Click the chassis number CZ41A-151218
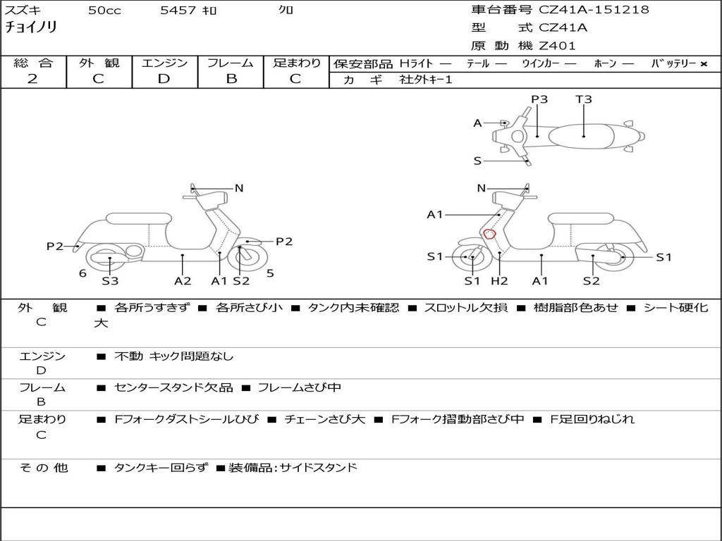(x=594, y=10)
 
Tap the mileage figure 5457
(x=178, y=11)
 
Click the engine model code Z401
(x=557, y=46)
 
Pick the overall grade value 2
(x=32, y=79)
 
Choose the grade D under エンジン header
(x=164, y=79)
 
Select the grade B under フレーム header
(x=231, y=79)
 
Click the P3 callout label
(x=539, y=99)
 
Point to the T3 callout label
(x=584, y=99)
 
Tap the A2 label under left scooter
(x=183, y=280)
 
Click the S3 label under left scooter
(x=110, y=280)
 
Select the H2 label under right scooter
(x=499, y=280)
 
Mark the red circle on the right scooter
(x=489, y=234)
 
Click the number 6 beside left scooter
(x=82, y=273)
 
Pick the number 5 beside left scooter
(x=270, y=273)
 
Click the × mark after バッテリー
(x=703, y=63)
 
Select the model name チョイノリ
(x=31, y=27)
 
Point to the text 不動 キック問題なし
(x=173, y=356)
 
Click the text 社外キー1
(x=427, y=80)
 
